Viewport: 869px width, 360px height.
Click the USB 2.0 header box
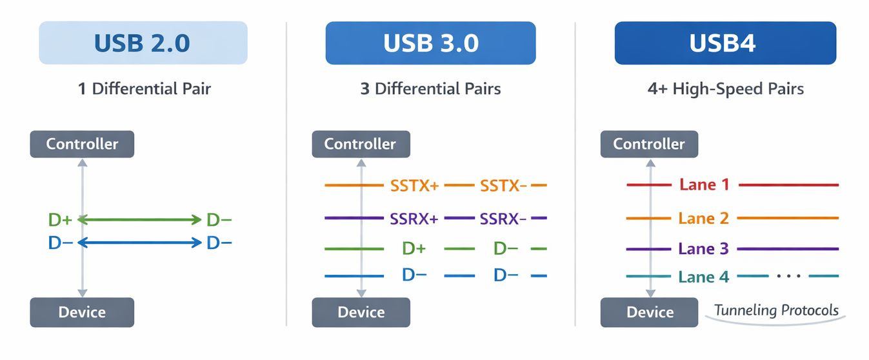tap(143, 43)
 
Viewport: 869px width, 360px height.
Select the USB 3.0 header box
tap(430, 43)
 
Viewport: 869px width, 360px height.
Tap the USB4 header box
tap(726, 43)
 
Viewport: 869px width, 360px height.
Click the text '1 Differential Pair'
tap(145, 89)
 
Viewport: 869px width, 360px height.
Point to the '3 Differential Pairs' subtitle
tap(430, 89)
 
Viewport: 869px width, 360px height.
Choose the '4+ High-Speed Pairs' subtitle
tap(726, 89)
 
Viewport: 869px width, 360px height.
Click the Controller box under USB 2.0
tap(82, 144)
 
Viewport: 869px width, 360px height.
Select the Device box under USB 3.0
tap(361, 312)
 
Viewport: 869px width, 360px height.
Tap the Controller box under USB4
tap(650, 144)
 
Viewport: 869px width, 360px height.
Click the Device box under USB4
tap(650, 312)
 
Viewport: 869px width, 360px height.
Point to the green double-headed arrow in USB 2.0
tap(139, 219)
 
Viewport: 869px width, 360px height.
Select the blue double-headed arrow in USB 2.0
tap(139, 243)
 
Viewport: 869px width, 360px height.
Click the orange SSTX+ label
tap(414, 185)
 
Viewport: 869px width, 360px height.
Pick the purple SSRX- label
tap(503, 219)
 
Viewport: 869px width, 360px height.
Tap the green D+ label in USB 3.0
tap(414, 248)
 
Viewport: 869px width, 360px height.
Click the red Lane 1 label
tap(704, 185)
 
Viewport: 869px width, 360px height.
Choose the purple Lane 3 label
tap(703, 248)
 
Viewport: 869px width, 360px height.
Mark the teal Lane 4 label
tap(704, 277)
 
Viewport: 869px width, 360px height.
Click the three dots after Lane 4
tap(789, 276)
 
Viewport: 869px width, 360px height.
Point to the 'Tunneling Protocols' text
tap(776, 310)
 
